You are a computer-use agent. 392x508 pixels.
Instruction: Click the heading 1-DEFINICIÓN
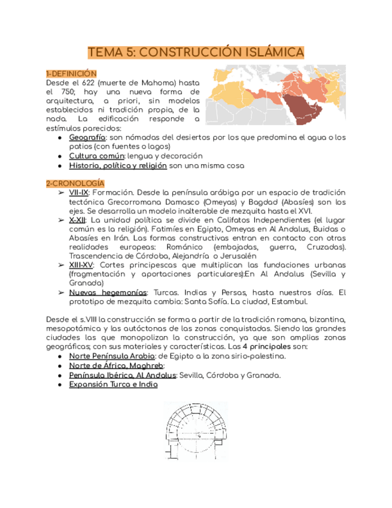click(x=71, y=72)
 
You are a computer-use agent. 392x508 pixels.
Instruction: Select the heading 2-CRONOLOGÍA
click(x=75, y=183)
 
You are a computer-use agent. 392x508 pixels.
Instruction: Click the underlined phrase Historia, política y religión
click(x=117, y=165)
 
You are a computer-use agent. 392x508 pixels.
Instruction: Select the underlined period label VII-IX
click(x=79, y=192)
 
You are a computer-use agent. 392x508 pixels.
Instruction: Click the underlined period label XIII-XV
click(x=82, y=264)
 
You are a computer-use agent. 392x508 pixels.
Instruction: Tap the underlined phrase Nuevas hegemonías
click(x=108, y=292)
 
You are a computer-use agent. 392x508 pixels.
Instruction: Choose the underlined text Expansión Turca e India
click(x=113, y=385)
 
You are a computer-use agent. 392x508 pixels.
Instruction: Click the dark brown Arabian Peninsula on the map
click(x=297, y=106)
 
